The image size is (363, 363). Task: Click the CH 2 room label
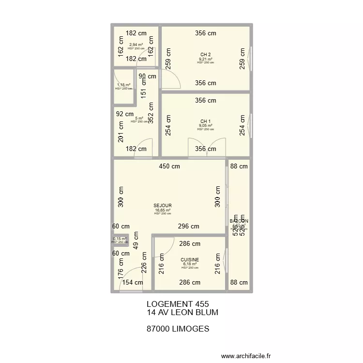(206, 54)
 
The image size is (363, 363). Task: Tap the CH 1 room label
(206, 121)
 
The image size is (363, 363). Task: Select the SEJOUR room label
(163, 206)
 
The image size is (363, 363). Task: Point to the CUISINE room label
(190, 260)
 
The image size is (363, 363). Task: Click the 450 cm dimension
(169, 166)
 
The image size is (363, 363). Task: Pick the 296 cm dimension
(188, 226)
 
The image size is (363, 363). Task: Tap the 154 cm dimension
(132, 283)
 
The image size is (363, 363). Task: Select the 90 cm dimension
(148, 76)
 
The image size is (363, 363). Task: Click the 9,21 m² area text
(206, 59)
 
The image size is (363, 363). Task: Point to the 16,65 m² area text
(163, 210)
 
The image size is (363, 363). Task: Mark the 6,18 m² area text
(190, 264)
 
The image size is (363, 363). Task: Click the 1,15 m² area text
(123, 85)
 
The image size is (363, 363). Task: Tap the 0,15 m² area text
(120, 239)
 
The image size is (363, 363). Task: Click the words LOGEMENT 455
(177, 304)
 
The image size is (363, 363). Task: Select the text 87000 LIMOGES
(178, 329)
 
